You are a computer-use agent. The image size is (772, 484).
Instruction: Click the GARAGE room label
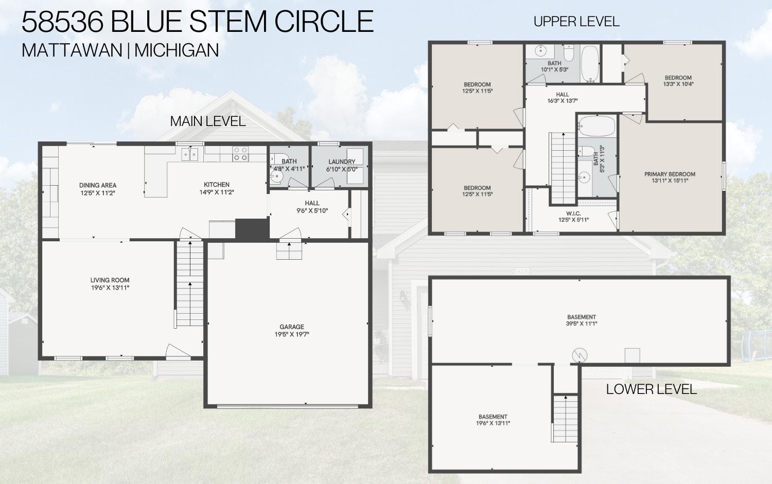coord(292,327)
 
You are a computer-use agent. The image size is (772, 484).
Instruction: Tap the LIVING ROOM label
coord(110,280)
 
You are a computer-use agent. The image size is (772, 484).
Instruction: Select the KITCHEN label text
coord(217,185)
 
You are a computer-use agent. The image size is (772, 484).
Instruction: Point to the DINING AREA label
coord(98,185)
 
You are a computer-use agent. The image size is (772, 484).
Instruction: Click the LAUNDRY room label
coord(342,162)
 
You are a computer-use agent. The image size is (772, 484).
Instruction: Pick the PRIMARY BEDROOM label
coord(670,174)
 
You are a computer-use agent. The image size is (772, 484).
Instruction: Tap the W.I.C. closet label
coord(573,213)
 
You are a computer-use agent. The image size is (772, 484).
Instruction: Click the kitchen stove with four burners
coord(240,154)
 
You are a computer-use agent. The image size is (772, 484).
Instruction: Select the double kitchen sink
coord(190,153)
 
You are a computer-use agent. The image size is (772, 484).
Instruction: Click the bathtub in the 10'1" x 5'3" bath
coord(590,64)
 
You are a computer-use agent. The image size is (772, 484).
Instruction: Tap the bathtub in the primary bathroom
coord(597,126)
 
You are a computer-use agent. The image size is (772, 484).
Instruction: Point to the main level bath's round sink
coord(276,176)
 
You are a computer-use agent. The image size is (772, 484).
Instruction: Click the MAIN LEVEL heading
coord(208,121)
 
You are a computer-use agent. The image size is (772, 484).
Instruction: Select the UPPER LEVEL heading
coord(576,22)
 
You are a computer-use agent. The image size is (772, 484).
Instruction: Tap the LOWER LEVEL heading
coord(652,389)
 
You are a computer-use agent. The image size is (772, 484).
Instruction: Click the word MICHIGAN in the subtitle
coord(177,50)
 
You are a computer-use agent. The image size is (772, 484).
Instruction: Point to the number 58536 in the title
coord(62,22)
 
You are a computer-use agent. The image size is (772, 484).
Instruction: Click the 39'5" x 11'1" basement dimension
coord(582,324)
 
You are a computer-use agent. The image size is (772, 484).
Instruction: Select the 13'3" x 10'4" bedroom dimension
coord(678,84)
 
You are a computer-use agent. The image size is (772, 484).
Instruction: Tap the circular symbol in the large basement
coord(580,355)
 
